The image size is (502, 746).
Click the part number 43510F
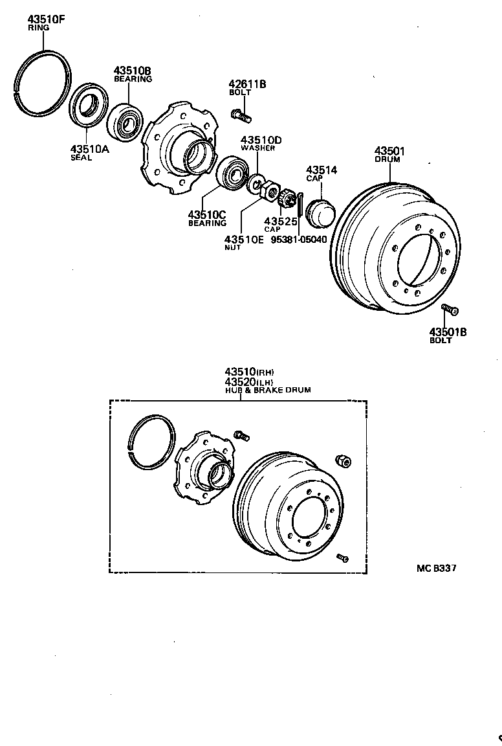pos(47,19)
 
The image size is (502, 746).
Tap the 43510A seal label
pos(90,150)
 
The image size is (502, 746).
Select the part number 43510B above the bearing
pos(133,70)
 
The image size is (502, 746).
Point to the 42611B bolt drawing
pos(240,116)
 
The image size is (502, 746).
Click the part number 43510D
pos(261,140)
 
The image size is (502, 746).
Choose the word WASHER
pos(258,148)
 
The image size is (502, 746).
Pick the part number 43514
pos(322,170)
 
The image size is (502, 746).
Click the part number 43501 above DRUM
pos(389,151)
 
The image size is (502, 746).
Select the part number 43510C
pos(206,214)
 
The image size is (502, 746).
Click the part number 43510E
pos(245,239)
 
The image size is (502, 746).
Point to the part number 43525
pos(280,221)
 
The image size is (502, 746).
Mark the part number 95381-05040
pos(298,239)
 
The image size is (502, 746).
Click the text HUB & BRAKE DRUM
pos(268,390)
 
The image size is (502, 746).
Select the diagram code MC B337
pos(437,569)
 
